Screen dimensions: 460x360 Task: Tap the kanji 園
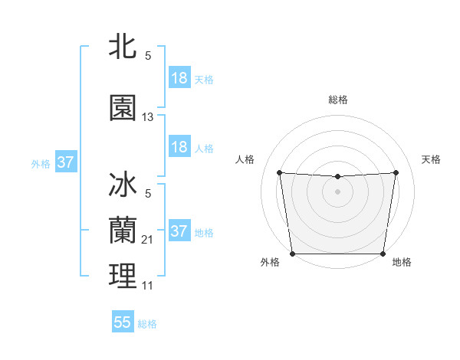click(123, 108)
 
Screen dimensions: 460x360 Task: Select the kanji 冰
click(123, 185)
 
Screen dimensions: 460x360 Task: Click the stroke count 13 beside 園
click(148, 117)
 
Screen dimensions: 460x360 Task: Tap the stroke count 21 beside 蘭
click(148, 240)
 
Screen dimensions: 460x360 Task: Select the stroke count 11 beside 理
click(148, 286)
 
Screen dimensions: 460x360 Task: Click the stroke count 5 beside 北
click(147, 56)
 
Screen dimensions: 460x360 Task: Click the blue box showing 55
click(123, 323)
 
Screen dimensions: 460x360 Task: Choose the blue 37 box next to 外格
click(65, 162)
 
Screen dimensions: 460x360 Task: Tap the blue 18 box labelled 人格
click(179, 147)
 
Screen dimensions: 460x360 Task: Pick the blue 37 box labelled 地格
click(179, 231)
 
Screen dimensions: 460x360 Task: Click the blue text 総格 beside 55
click(147, 324)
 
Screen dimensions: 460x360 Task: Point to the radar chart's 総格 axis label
click(338, 100)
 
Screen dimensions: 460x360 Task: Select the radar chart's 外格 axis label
click(269, 263)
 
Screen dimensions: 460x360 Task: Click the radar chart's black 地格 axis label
click(402, 263)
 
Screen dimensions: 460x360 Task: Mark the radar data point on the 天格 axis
click(396, 172)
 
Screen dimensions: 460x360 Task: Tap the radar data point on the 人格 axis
click(279, 172)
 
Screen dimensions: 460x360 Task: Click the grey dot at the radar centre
click(337, 191)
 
